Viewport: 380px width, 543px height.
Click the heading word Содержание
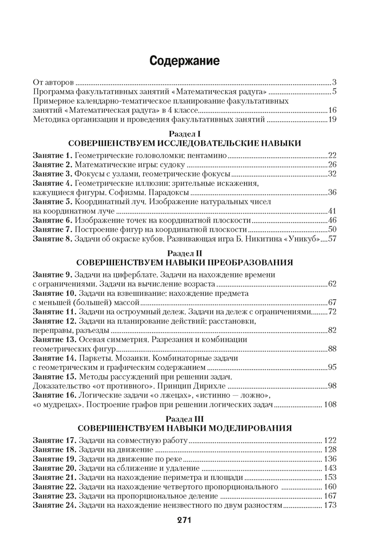point(185,61)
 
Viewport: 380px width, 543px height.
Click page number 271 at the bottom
point(185,520)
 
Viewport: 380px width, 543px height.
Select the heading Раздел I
point(184,134)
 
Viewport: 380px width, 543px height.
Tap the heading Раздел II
point(185,252)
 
